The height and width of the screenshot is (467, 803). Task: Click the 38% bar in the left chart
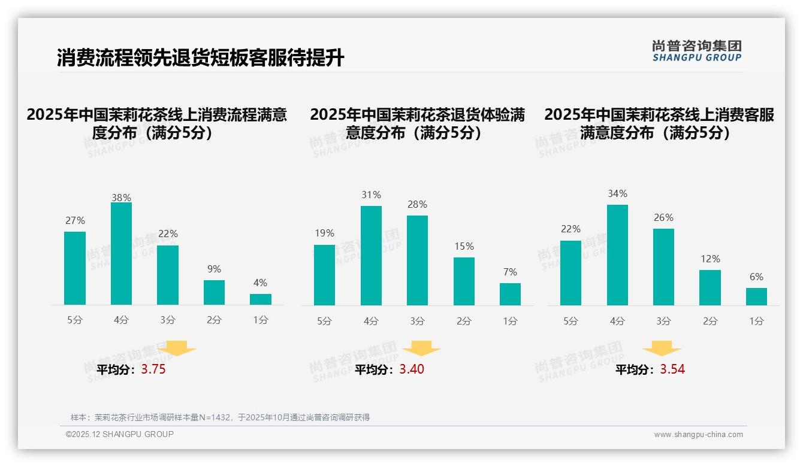(121, 254)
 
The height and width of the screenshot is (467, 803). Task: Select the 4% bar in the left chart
(261, 299)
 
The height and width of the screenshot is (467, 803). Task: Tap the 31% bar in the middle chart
(371, 256)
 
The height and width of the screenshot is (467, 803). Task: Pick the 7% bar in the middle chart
(510, 294)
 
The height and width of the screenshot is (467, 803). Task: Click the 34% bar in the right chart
(617, 255)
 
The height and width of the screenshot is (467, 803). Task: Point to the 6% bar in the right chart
(756, 296)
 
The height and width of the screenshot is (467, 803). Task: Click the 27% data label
(75, 221)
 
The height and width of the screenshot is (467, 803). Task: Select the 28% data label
(417, 205)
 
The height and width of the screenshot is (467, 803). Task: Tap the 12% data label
(710, 259)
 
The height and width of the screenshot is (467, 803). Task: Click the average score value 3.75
(153, 369)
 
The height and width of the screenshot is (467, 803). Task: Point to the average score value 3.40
(412, 369)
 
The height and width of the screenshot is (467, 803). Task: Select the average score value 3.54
(672, 369)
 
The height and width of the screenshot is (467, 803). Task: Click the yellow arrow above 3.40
(421, 348)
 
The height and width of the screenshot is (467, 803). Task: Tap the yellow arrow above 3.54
(662, 348)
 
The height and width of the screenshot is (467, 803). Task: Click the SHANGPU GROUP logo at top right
(697, 51)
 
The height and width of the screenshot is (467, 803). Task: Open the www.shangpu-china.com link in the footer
(698, 435)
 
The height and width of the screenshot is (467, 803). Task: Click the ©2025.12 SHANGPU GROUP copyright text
(120, 434)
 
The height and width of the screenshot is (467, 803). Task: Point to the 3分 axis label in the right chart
(663, 322)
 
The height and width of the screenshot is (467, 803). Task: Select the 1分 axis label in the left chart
(261, 320)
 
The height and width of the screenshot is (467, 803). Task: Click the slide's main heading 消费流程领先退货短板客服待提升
(201, 58)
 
